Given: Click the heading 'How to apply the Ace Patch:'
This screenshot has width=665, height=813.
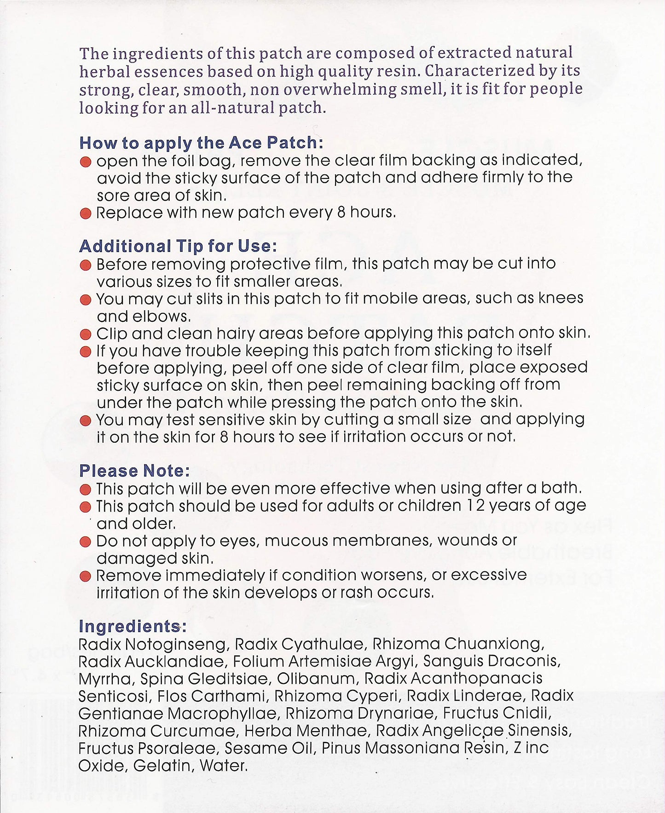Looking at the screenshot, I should coord(201,143).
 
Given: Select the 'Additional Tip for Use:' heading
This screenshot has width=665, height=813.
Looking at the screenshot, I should coord(178,246).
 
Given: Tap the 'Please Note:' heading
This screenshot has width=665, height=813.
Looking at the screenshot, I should coord(134,471).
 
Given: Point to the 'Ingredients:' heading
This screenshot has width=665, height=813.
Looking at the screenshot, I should coord(133,626).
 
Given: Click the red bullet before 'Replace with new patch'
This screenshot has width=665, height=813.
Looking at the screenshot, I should coord(86,214).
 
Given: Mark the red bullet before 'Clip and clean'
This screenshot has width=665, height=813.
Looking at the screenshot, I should coord(86,334).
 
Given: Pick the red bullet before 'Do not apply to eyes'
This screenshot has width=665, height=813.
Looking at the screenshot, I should coord(86,542).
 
